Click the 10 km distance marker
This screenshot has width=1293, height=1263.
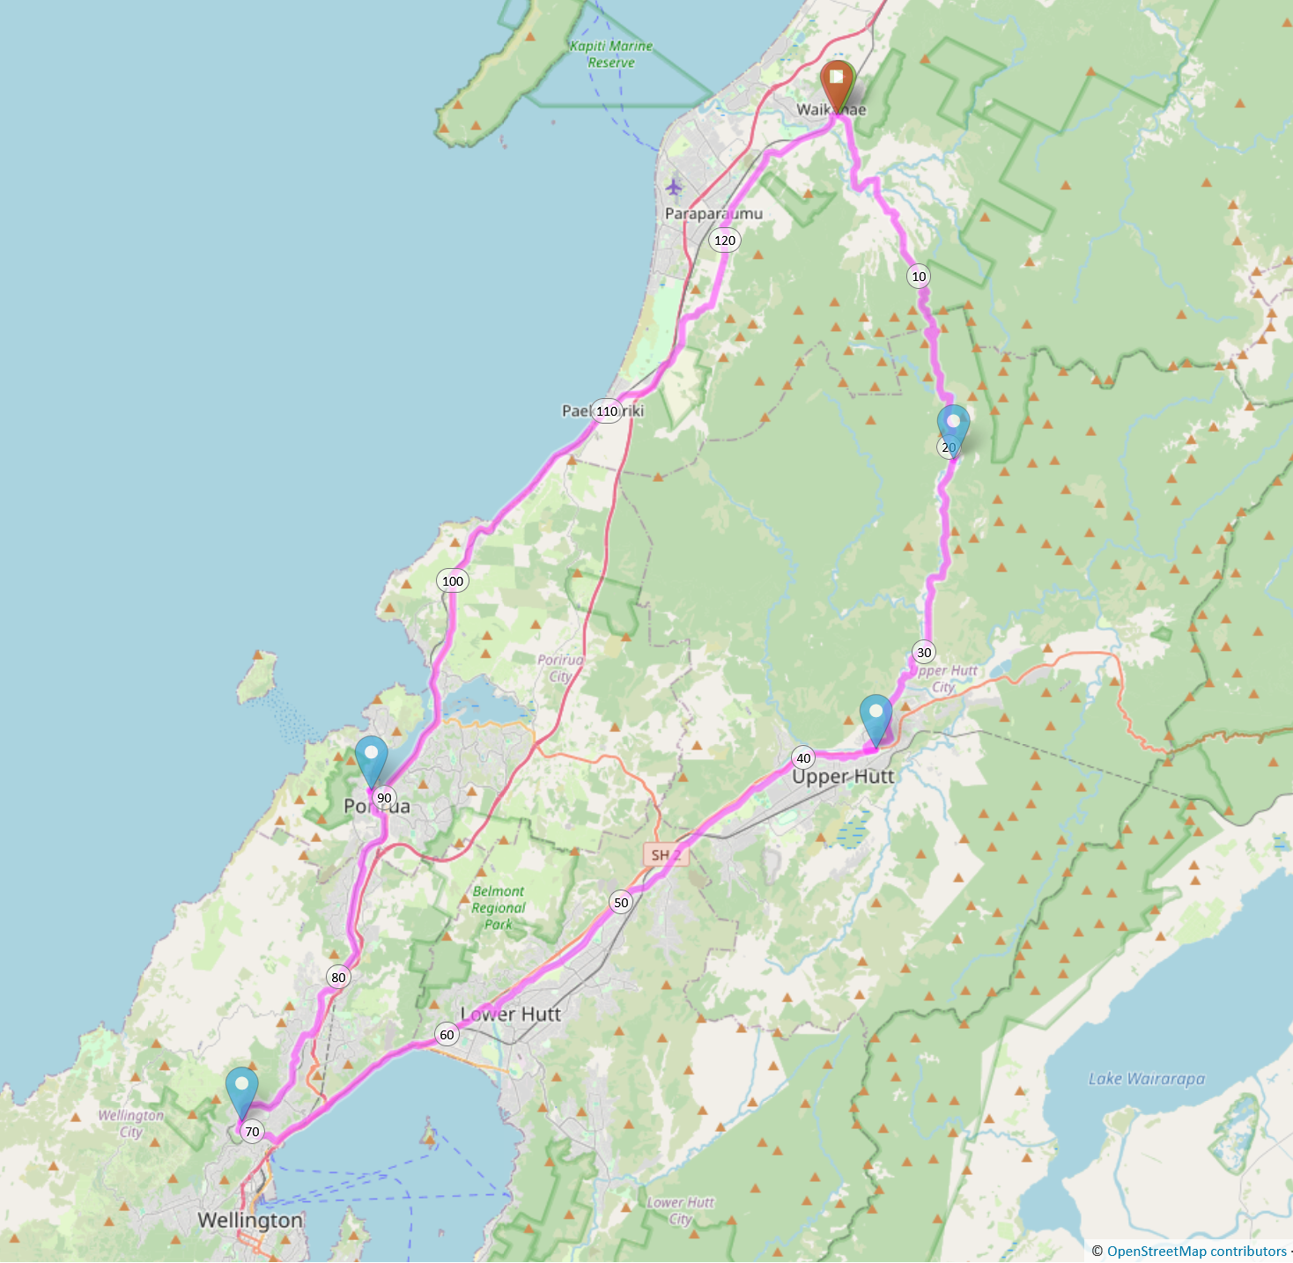(919, 277)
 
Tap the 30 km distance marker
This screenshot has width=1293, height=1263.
(923, 653)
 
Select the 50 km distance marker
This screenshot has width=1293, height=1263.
(621, 903)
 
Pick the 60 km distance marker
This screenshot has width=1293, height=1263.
(447, 1035)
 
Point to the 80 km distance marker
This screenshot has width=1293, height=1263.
(338, 977)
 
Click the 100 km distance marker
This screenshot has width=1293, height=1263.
(453, 581)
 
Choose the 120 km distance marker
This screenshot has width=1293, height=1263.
(725, 240)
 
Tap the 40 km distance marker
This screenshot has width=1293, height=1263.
(803, 758)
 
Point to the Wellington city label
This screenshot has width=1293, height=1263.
(250, 1221)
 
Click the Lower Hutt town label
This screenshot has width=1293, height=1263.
(511, 1015)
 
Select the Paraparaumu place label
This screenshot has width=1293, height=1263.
(713, 214)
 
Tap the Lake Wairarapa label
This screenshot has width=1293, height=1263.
(1146, 1079)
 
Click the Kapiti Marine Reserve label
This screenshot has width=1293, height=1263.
(611, 55)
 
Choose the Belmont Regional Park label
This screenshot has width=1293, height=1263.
(498, 908)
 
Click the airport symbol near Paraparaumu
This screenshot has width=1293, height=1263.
(674, 187)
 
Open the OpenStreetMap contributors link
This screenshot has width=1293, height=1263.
(1196, 1252)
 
